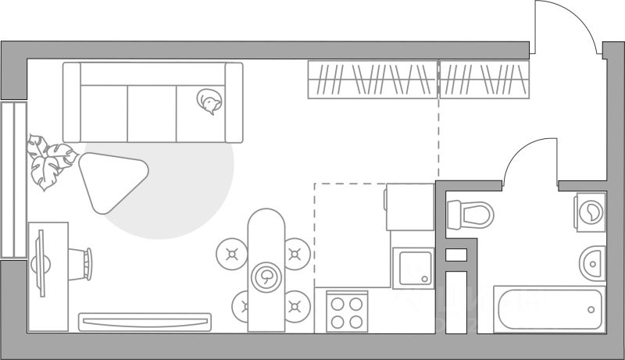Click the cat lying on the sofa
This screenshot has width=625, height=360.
(x=209, y=102)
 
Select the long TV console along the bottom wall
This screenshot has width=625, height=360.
(x=145, y=321)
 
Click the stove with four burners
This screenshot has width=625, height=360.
(x=346, y=312)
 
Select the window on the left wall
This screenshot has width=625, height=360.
(x=12, y=179)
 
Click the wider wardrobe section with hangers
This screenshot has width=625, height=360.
(x=373, y=79)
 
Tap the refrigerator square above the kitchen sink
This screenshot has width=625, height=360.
(x=409, y=206)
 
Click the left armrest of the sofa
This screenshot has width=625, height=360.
(x=72, y=102)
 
